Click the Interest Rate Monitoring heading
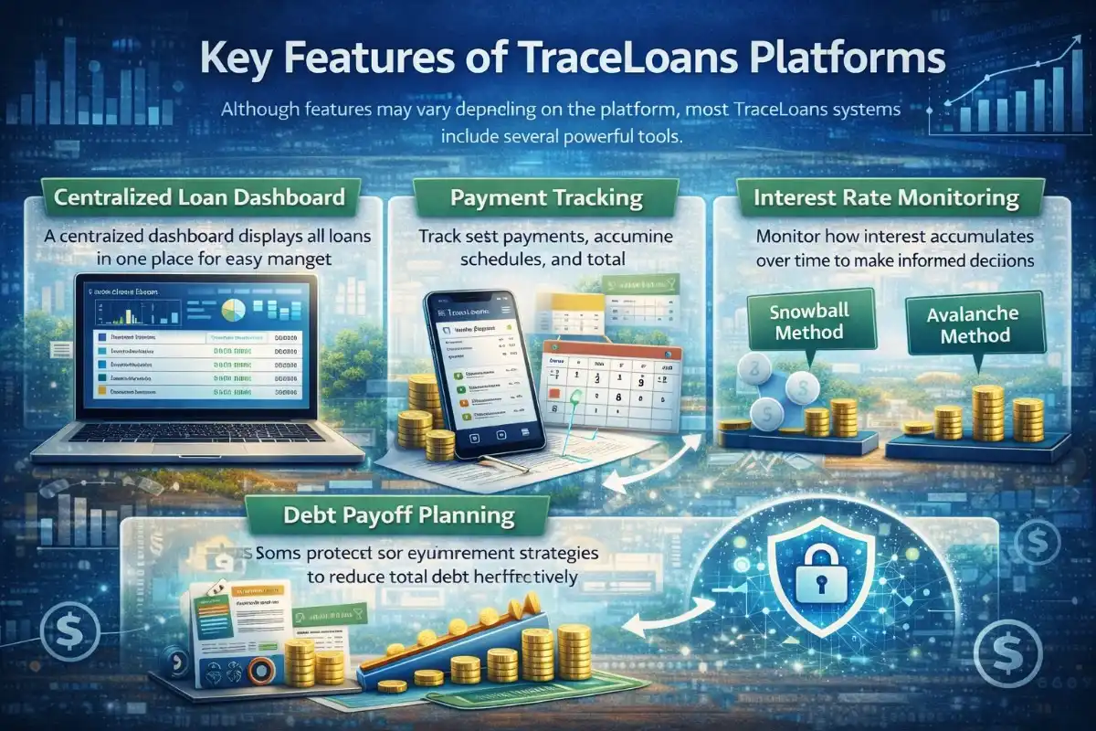click(900, 196)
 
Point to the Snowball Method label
click(809, 321)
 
